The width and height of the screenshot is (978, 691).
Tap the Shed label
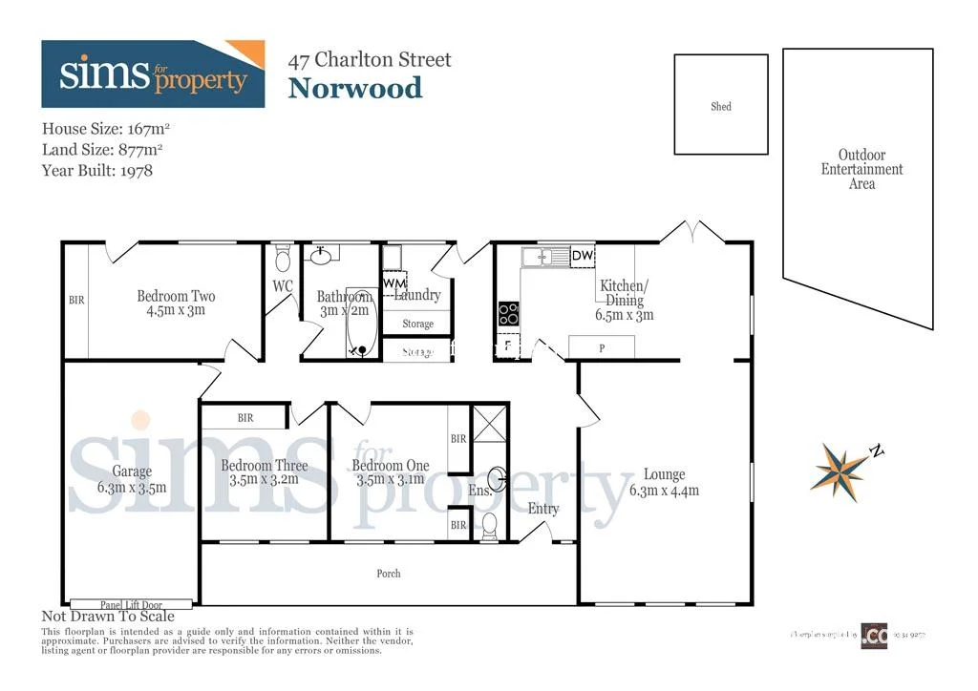click(x=721, y=107)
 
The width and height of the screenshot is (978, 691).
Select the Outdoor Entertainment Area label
click(x=861, y=169)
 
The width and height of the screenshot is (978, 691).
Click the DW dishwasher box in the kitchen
click(x=582, y=256)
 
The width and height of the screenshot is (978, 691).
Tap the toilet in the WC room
click(x=282, y=260)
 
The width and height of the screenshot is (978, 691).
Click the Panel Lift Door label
click(x=132, y=604)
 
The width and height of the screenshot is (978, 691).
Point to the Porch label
click(x=389, y=574)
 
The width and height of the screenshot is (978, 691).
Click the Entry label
click(x=543, y=509)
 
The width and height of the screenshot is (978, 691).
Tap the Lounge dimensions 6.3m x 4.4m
click(x=664, y=492)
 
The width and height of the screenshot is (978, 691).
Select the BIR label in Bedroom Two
click(x=76, y=301)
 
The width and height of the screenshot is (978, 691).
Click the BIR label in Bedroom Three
click(x=245, y=417)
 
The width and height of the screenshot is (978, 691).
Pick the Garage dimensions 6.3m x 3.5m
click(x=132, y=487)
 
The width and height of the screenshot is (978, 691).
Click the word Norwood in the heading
click(x=355, y=89)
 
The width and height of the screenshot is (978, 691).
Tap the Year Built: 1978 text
click(x=97, y=171)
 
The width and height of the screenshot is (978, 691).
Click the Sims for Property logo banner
click(x=153, y=73)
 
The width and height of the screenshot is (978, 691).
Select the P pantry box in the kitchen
click(x=602, y=348)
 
